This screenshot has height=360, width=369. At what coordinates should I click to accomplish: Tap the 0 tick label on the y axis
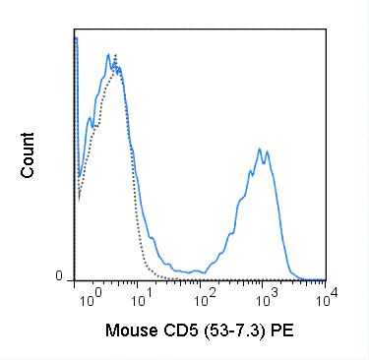[59, 276]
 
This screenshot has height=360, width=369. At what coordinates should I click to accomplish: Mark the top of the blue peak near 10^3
[260, 149]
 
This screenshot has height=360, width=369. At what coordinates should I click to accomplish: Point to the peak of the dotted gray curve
[116, 54]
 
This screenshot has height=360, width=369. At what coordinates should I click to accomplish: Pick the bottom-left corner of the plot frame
[75, 279]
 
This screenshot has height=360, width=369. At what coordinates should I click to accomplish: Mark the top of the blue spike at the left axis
[76, 36]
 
